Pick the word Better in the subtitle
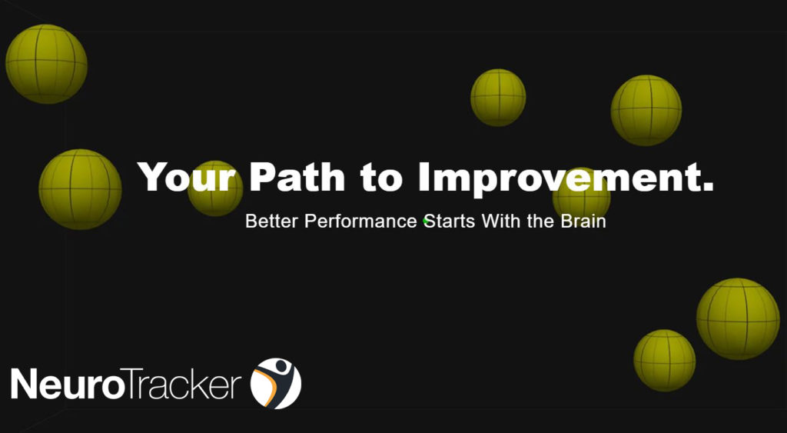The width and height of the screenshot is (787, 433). pos(273,221)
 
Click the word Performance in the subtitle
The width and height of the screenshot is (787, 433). pos(361,221)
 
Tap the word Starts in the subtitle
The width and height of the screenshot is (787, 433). pos(450,221)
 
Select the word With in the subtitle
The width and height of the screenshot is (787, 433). pos(502,221)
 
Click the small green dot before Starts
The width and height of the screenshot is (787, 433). pos(425,221)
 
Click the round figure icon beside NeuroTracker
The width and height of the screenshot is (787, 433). pos(276,383)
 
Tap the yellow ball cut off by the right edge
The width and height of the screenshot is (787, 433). pos(738,318)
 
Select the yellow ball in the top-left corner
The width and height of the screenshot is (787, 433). pos(46,64)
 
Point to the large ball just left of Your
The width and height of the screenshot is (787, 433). pos(80,189)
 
